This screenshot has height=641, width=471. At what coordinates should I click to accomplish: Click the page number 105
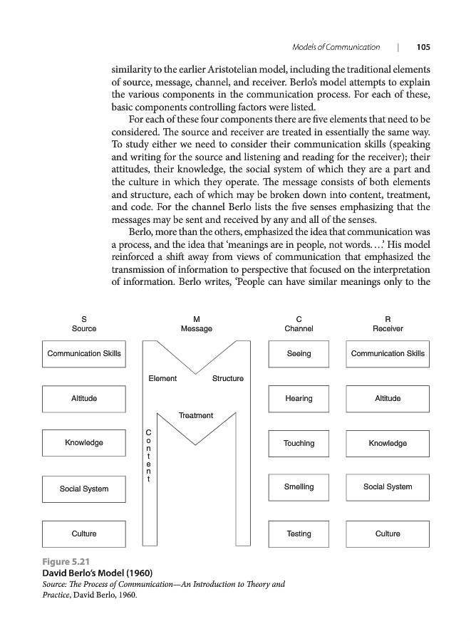(423, 47)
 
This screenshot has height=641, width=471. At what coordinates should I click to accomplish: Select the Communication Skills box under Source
(84, 353)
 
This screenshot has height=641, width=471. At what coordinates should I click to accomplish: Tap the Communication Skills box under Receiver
(388, 353)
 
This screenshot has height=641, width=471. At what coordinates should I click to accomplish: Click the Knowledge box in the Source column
(84, 443)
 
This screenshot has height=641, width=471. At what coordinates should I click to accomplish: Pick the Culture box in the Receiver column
(388, 533)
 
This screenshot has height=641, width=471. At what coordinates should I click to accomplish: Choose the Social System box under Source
(84, 489)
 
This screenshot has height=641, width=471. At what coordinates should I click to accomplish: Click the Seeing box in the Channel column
(299, 353)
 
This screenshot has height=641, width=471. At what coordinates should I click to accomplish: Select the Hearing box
(299, 399)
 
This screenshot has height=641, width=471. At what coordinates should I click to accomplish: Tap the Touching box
(299, 443)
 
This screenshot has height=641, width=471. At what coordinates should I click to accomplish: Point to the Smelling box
(299, 487)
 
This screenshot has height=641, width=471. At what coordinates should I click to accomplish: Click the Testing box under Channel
(299, 533)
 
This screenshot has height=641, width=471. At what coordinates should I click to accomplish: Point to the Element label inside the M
(162, 378)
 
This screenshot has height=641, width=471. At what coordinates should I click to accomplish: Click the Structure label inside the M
(228, 378)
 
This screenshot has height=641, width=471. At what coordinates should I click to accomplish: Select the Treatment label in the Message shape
(195, 415)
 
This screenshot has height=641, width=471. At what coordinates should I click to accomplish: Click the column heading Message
(196, 329)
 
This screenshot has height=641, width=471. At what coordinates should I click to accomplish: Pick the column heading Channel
(299, 329)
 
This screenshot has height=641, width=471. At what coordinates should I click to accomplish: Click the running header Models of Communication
(336, 47)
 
